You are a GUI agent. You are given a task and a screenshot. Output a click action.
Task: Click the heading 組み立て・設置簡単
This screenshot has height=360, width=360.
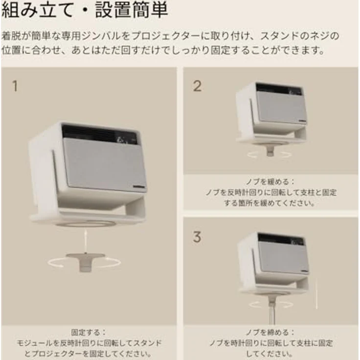[85, 10]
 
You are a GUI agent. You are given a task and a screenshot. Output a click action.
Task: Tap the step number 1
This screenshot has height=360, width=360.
[15, 86]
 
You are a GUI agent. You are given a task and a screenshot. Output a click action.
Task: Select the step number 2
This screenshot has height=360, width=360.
[197, 86]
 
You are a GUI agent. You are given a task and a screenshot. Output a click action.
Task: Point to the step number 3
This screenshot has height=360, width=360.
[197, 237]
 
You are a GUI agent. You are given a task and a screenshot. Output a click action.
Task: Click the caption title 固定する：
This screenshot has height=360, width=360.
[89, 332]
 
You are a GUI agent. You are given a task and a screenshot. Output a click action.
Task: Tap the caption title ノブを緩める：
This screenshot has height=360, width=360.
[270, 181]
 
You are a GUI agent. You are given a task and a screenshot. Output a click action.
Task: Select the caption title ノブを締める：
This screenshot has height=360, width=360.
[270, 332]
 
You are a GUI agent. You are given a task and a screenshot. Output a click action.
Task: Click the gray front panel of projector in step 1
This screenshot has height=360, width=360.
[105, 164]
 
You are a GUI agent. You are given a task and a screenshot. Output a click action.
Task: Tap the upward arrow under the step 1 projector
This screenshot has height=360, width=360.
[86, 241]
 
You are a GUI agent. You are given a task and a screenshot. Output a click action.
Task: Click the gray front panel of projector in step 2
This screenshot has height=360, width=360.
[281, 107]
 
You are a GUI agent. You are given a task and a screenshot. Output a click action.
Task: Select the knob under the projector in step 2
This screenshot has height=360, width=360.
[270, 151]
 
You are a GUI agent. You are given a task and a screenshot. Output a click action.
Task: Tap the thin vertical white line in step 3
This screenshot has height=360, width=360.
[317, 294]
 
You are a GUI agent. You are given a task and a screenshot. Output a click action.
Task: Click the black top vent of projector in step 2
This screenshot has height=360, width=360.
[279, 89]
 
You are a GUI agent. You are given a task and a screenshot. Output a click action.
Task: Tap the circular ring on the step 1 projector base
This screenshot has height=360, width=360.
[86, 223]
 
